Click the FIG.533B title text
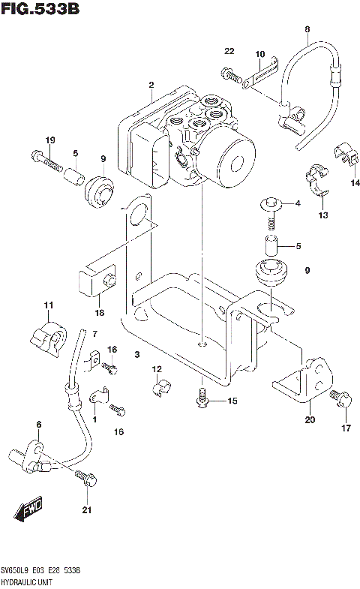[39, 10]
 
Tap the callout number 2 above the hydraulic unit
[151, 86]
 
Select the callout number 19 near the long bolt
[50, 140]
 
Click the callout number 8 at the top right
[307, 29]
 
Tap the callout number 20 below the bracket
[310, 420]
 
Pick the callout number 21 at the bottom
[86, 511]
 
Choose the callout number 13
[322, 215]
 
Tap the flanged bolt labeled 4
[271, 203]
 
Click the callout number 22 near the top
[229, 51]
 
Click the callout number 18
[99, 311]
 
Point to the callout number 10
[259, 54]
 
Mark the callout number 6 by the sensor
[38, 425]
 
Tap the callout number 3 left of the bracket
[137, 354]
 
